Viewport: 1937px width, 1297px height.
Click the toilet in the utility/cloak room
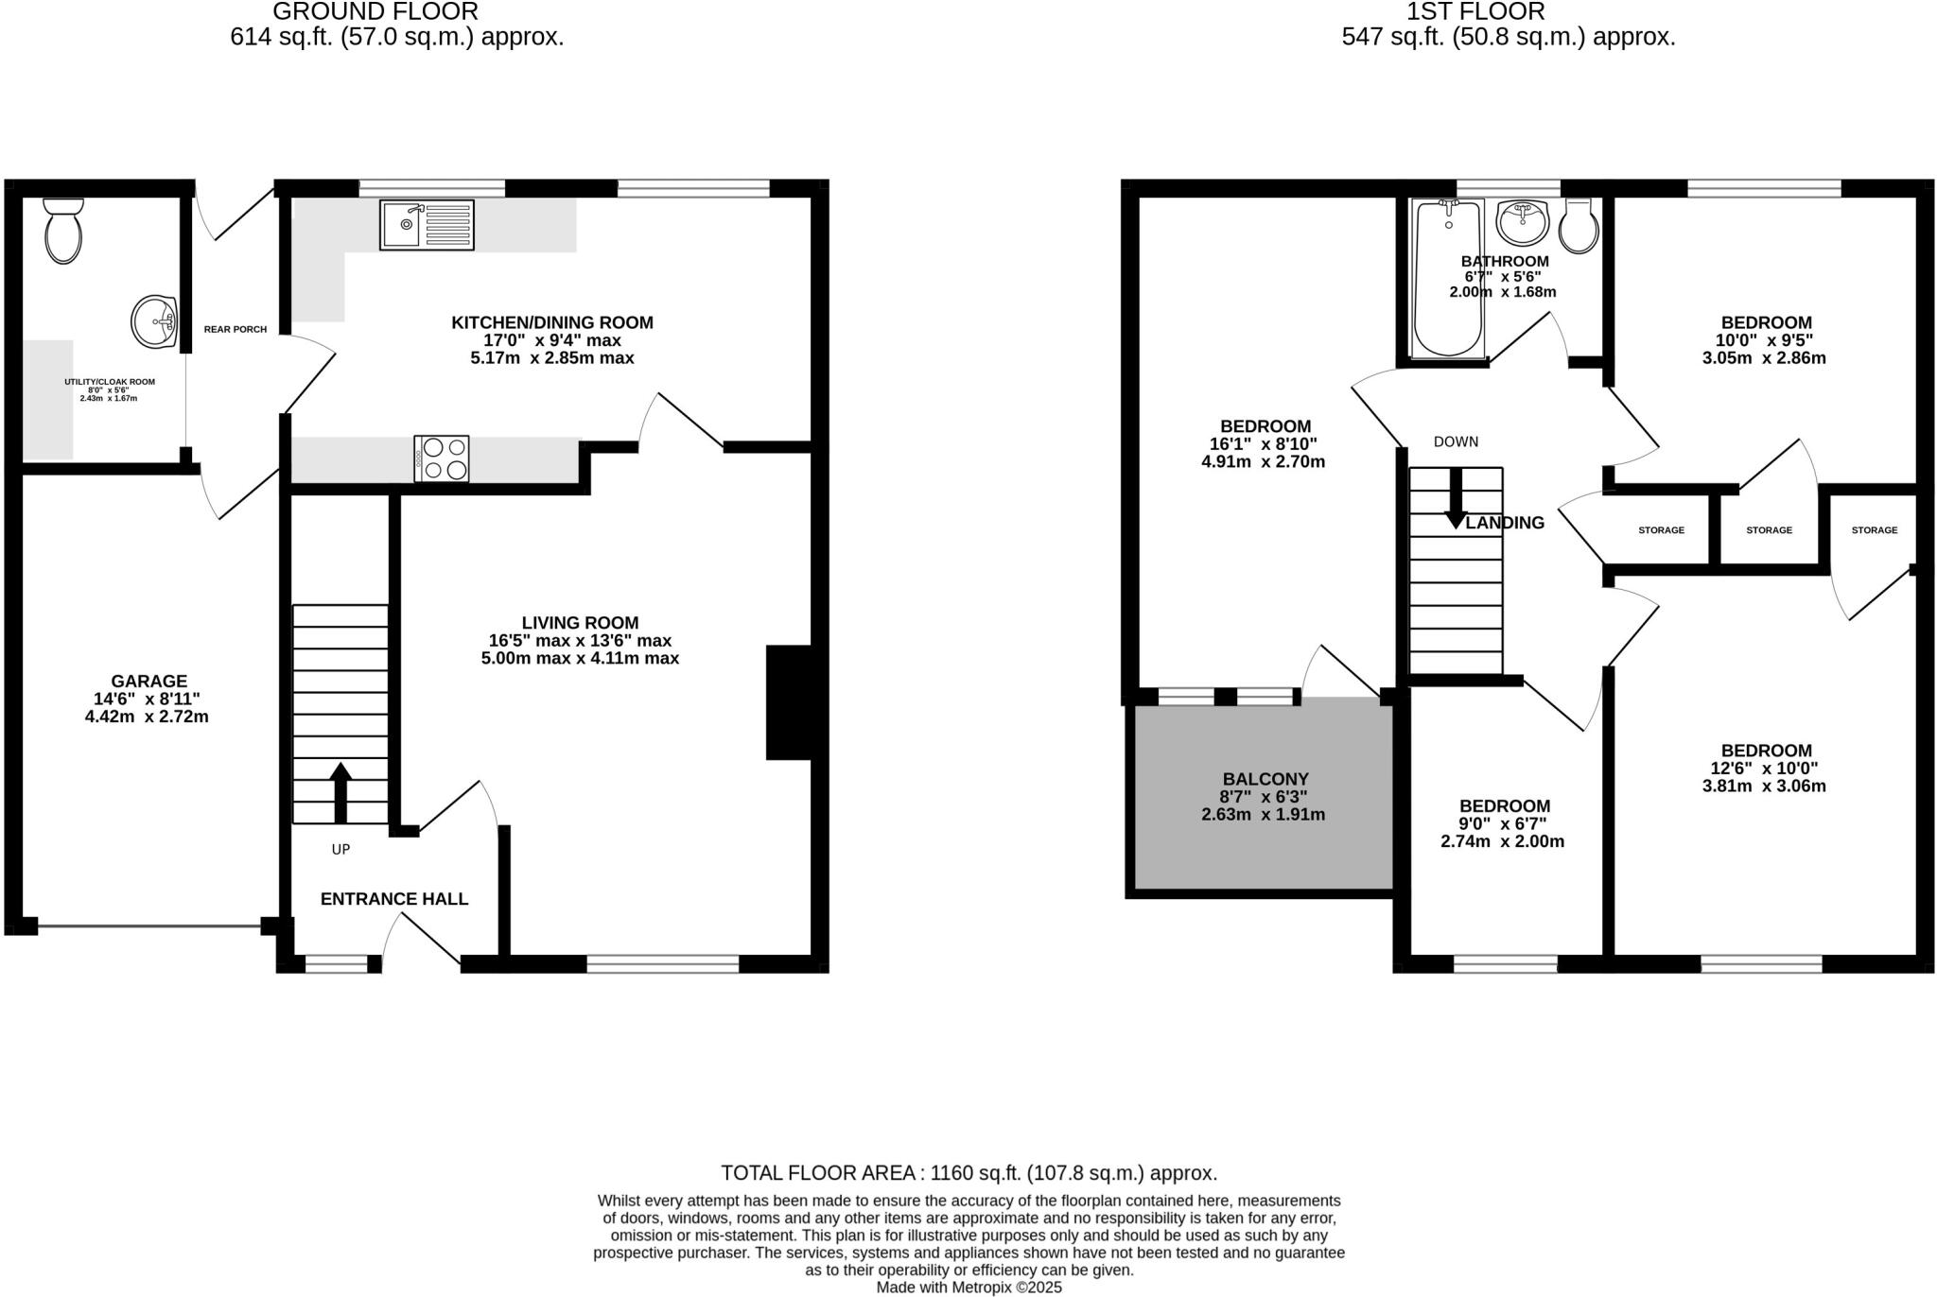(x=63, y=232)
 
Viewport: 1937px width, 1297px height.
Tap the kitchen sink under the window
(x=427, y=225)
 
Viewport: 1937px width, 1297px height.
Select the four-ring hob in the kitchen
(x=442, y=458)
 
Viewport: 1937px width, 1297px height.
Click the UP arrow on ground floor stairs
(x=340, y=792)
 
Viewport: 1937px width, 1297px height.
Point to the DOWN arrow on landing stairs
(x=1456, y=498)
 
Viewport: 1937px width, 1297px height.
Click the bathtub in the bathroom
(x=1448, y=280)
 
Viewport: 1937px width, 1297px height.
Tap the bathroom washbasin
(x=1522, y=223)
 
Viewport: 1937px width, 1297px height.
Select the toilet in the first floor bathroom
(x=1579, y=227)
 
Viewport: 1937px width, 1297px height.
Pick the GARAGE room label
(x=149, y=681)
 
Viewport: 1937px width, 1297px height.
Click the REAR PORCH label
(x=236, y=329)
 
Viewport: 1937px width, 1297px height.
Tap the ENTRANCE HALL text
(x=394, y=899)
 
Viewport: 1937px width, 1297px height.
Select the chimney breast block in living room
(x=789, y=702)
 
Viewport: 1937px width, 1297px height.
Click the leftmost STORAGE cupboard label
(x=1661, y=530)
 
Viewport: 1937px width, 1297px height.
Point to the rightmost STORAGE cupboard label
(x=1874, y=530)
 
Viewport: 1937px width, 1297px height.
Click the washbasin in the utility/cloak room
(x=154, y=321)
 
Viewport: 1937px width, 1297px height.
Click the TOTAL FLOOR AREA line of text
(x=968, y=1173)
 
